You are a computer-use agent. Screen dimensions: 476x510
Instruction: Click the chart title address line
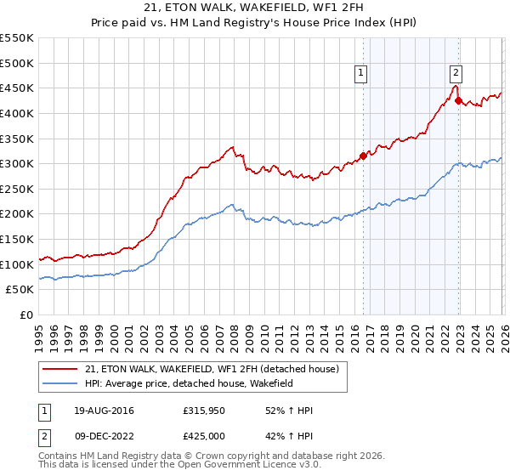click(x=254, y=9)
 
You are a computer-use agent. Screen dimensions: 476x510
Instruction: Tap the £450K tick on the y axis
click(x=17, y=88)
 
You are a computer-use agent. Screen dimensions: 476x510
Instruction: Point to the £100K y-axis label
click(x=17, y=264)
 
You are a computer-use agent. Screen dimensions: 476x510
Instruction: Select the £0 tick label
click(x=26, y=314)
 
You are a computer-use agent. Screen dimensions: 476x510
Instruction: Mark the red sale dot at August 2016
click(x=363, y=156)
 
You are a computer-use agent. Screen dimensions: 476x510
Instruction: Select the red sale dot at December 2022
click(x=458, y=100)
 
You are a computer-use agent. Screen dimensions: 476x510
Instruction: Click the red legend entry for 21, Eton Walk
click(x=212, y=369)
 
